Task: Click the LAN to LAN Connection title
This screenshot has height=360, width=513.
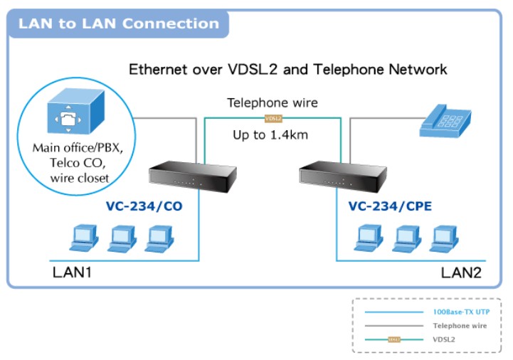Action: (118, 23)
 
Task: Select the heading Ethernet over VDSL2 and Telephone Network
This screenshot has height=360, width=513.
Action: (288, 70)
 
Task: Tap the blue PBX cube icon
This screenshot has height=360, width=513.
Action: (76, 111)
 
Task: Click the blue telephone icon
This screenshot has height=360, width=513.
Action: (445, 121)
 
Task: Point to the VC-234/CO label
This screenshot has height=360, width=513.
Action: (144, 206)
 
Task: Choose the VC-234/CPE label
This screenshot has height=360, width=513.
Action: (390, 206)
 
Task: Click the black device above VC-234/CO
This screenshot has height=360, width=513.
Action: (193, 176)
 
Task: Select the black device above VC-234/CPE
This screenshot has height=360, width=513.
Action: (343, 176)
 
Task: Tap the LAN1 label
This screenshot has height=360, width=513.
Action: (72, 272)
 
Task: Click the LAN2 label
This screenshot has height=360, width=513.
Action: (461, 272)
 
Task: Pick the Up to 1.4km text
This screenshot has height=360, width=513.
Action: (270, 135)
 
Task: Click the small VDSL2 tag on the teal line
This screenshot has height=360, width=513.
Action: (273, 119)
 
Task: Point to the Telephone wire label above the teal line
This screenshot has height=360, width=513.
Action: (273, 102)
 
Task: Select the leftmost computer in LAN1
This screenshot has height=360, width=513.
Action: (84, 238)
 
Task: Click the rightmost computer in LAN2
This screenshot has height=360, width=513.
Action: (444, 239)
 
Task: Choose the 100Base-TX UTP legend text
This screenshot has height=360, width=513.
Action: (461, 312)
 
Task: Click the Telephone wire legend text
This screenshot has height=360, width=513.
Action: (460, 326)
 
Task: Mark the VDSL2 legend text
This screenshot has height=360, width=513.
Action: (444, 339)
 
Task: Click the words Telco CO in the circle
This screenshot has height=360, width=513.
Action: (78, 163)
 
